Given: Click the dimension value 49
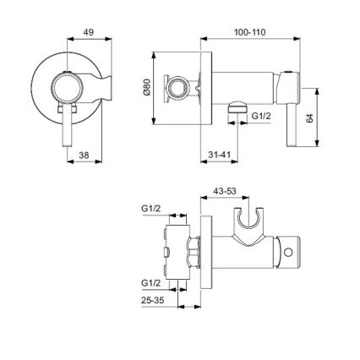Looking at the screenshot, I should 88,32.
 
